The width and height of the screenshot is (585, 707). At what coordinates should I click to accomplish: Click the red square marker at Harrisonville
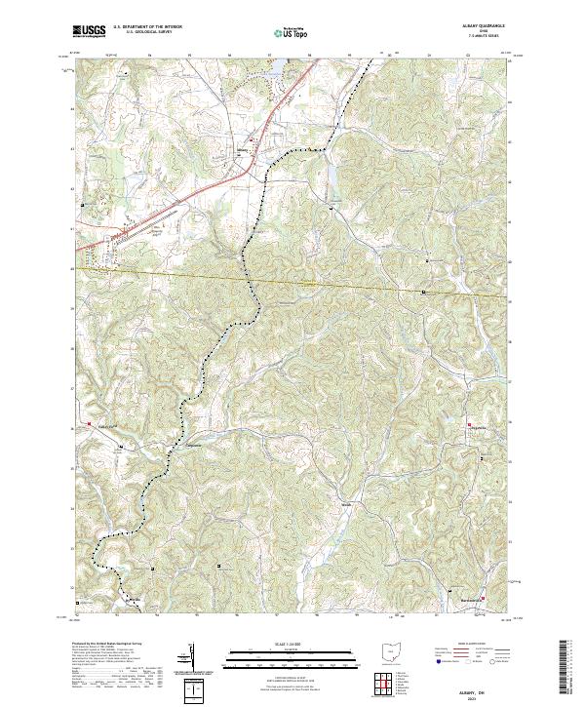click(x=483, y=585)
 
